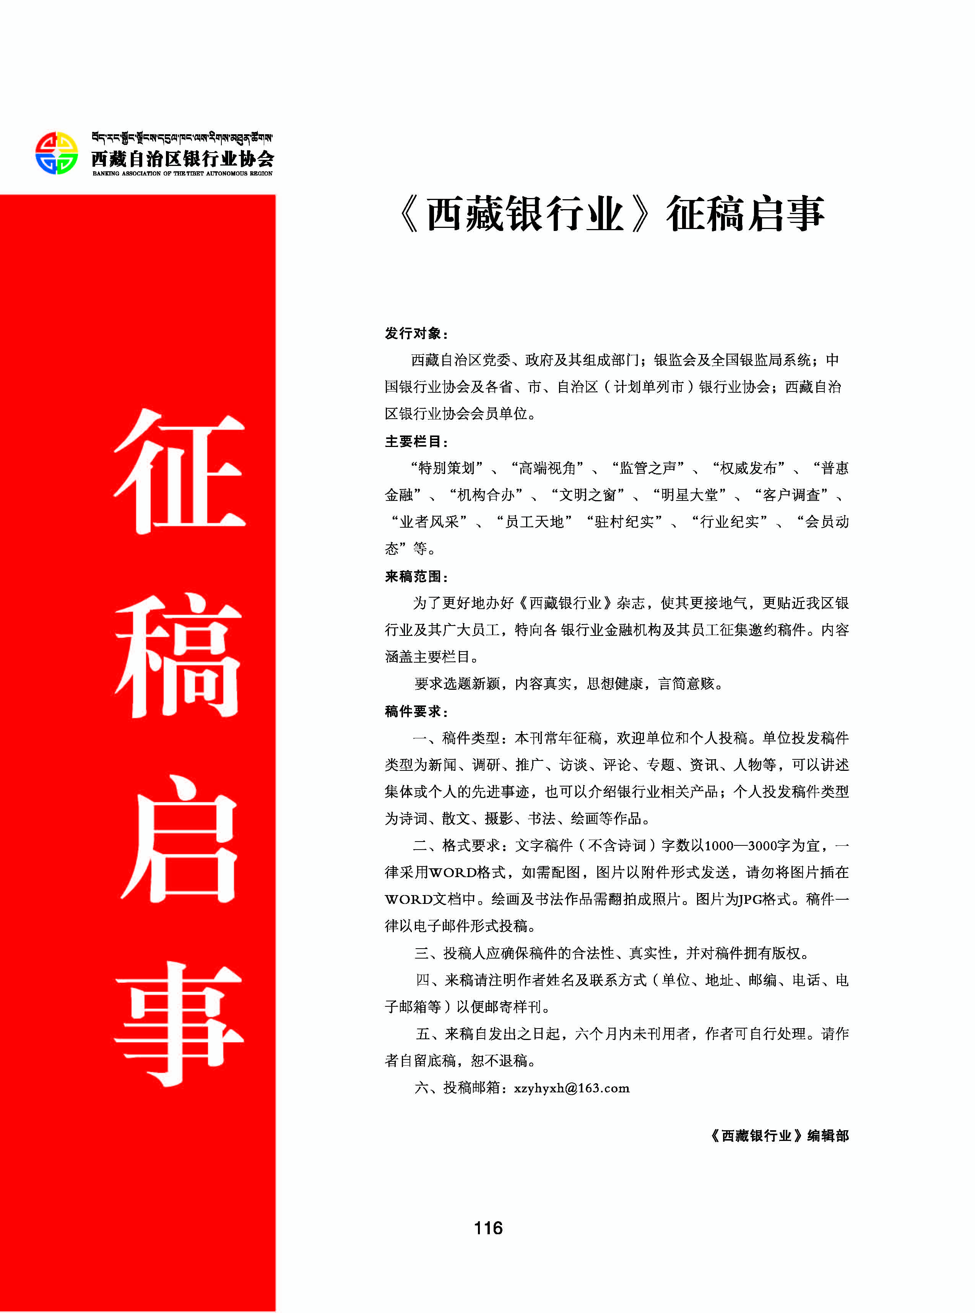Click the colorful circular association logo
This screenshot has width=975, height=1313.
[x=56, y=153]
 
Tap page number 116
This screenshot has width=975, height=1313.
[x=488, y=1228]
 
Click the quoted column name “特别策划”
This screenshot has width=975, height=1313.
[x=447, y=468]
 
